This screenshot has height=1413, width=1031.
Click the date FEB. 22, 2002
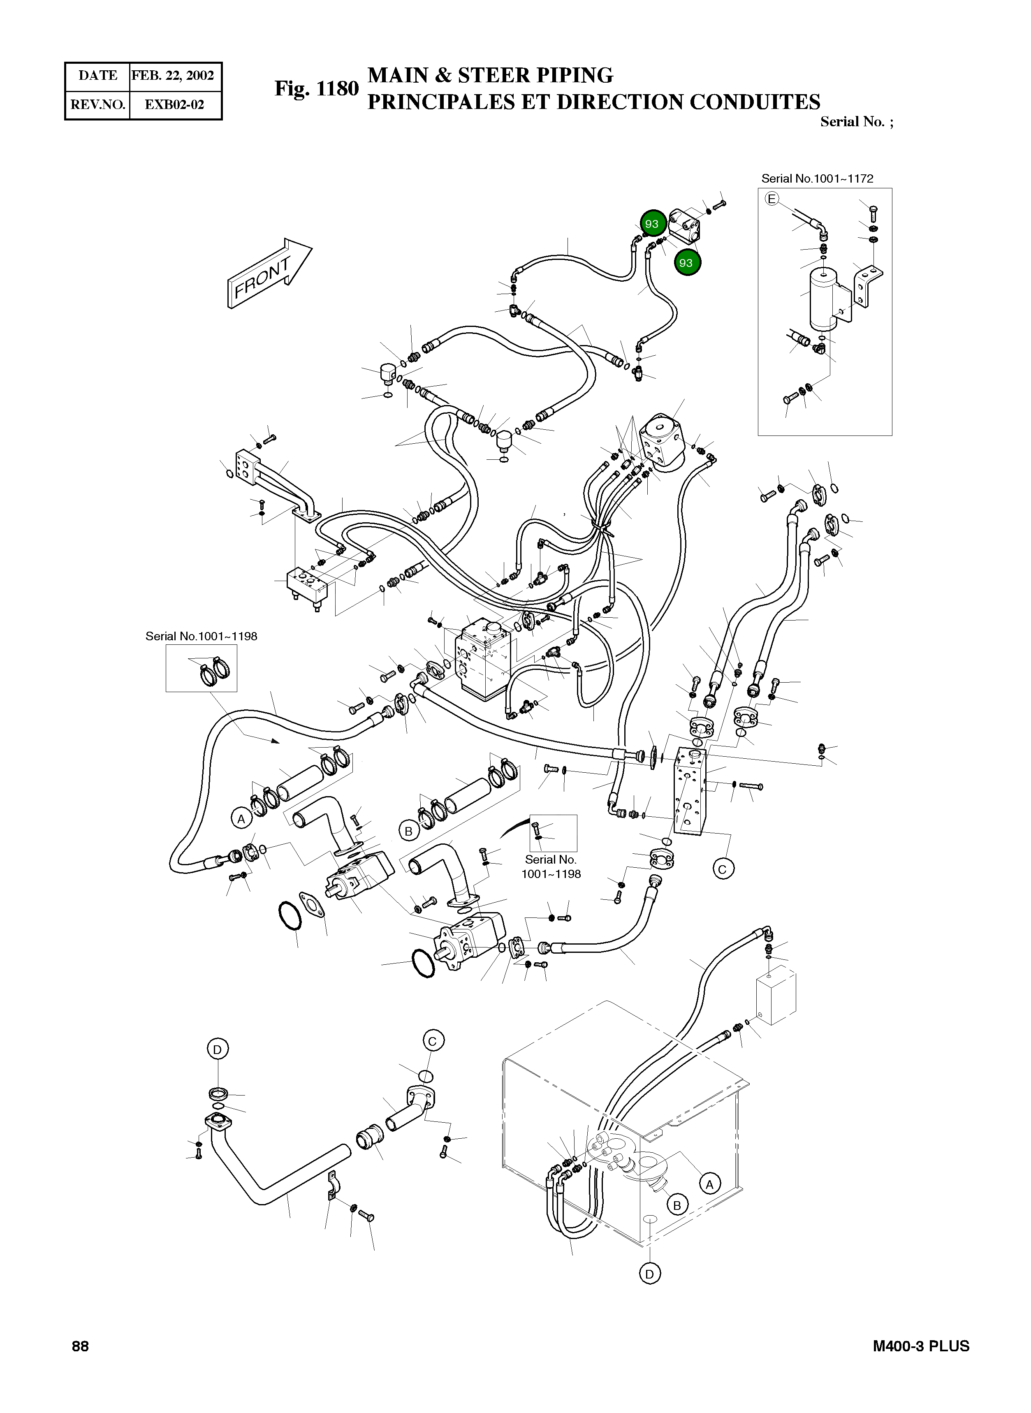coord(173,76)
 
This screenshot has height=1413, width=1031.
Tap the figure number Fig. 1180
coord(316,89)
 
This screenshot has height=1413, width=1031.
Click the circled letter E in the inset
coord(772,199)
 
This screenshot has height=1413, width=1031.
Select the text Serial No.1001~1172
coord(817,178)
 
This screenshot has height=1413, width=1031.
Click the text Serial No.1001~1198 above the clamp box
coord(201,636)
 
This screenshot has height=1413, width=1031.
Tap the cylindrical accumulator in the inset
coord(825,299)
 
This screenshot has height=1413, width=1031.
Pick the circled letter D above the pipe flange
coord(217,1050)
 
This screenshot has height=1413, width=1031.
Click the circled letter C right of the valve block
coord(723,869)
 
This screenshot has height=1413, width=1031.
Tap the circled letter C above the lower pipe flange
coord(433,1041)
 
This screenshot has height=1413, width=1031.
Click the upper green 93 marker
coord(651,223)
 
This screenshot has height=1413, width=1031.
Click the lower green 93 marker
coord(686,263)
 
